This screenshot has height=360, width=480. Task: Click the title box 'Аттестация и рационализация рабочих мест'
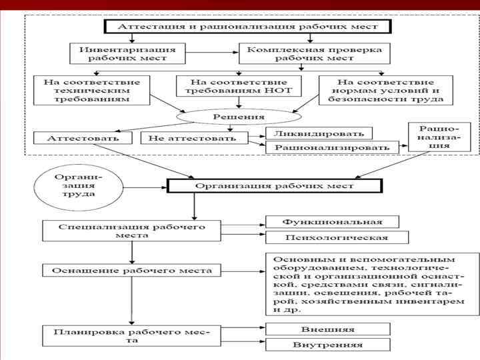click(x=247, y=27)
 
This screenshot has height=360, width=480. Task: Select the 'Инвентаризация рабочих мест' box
click(x=127, y=53)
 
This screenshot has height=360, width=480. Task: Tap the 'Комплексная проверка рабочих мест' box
click(x=314, y=53)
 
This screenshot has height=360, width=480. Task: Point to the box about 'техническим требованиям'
click(x=91, y=89)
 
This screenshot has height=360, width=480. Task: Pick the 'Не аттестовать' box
click(x=193, y=138)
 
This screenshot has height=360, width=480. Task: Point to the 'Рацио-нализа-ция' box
click(x=439, y=137)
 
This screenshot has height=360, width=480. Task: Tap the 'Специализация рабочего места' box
click(x=132, y=231)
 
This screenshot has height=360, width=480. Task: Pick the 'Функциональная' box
click(x=332, y=221)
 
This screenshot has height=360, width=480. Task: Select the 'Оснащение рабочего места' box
click(x=132, y=271)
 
